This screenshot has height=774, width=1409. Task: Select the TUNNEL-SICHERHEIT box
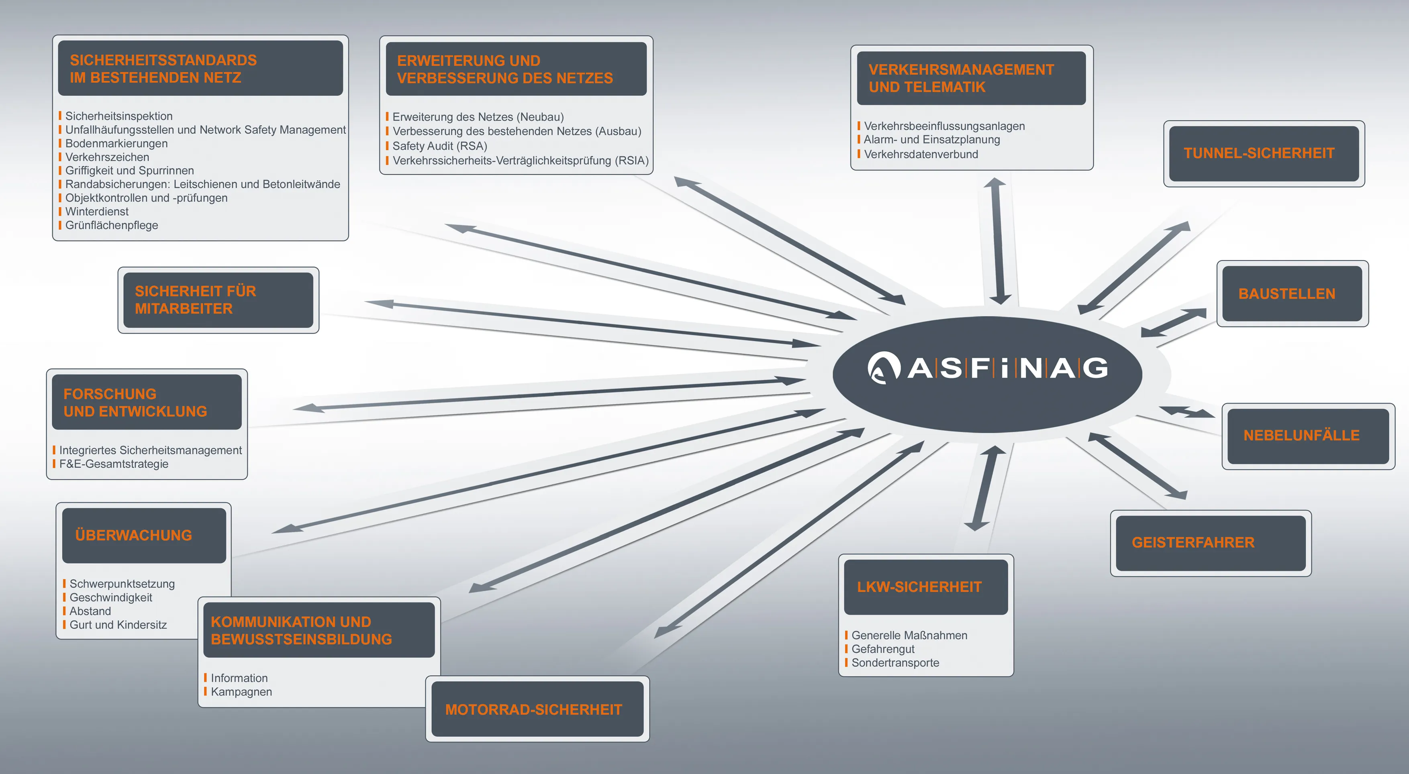tap(1264, 154)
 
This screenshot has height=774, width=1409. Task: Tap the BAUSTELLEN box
tap(1292, 293)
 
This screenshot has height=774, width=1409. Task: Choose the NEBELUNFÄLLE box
tap(1308, 436)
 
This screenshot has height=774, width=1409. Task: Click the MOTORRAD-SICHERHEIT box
tap(537, 709)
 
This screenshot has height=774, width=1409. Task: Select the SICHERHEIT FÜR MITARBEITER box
tap(218, 300)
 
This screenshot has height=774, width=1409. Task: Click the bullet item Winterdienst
tap(97, 212)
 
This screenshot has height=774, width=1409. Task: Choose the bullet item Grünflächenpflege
tap(112, 225)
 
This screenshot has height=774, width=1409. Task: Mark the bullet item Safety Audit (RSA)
tap(439, 146)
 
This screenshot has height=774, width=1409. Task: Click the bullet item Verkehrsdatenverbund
tap(921, 154)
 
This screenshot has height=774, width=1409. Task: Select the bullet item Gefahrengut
tap(882, 649)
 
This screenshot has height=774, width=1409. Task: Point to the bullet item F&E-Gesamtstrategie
tap(114, 464)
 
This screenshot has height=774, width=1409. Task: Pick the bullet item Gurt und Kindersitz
tap(118, 625)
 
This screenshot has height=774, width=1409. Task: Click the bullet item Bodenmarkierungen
tap(116, 143)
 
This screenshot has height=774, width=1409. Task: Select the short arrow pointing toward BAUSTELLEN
tap(1173, 322)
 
